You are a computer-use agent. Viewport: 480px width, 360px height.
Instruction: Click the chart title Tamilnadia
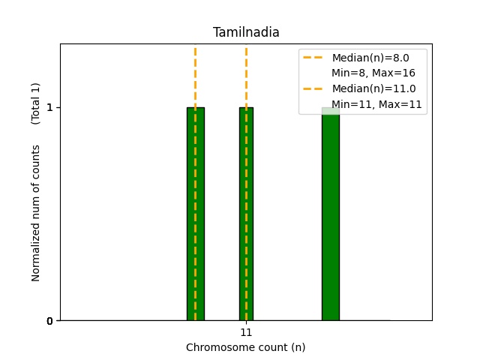pyautogui.click(x=246, y=32)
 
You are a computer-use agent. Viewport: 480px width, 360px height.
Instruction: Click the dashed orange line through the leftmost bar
pyautogui.click(x=195, y=75)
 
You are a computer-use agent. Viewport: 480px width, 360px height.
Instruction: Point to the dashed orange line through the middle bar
pyautogui.click(x=246, y=75)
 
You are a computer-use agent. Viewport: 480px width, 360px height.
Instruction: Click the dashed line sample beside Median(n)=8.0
pyautogui.click(x=314, y=58)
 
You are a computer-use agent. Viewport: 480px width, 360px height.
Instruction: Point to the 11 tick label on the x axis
pyautogui.click(x=246, y=331)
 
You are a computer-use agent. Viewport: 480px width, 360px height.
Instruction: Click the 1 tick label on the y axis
pyautogui.click(x=49, y=107)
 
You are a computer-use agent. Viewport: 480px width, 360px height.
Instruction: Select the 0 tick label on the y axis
pyautogui.click(x=49, y=321)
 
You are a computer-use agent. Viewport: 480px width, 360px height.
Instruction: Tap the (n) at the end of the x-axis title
pyautogui.click(x=298, y=347)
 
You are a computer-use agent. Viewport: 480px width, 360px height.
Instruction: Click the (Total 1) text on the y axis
pyautogui.click(x=36, y=103)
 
